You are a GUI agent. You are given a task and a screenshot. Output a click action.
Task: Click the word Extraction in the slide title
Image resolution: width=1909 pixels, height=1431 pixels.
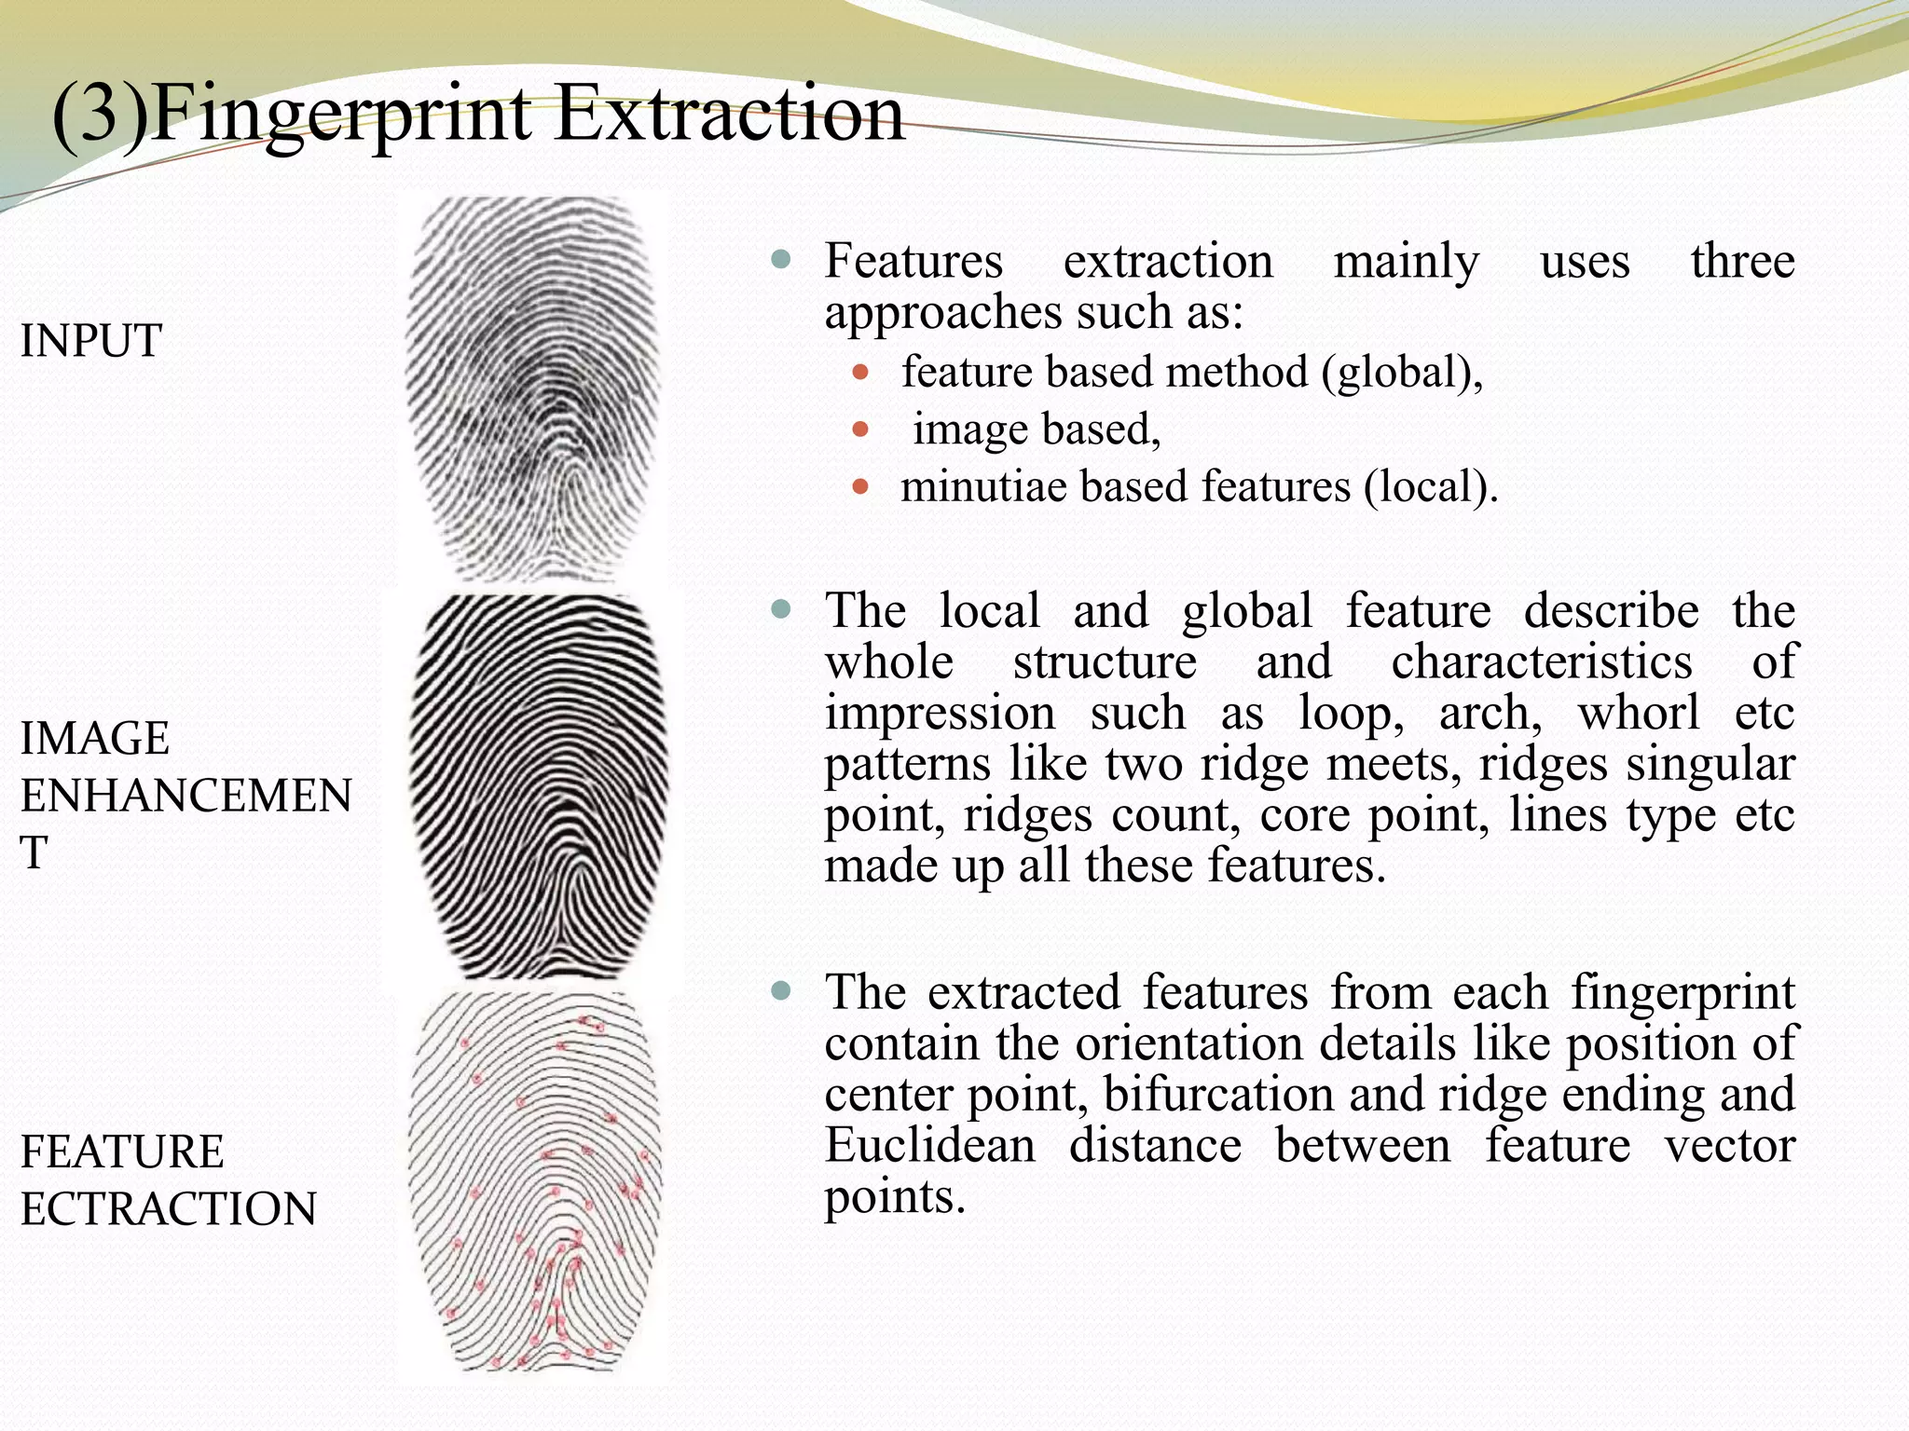(x=730, y=114)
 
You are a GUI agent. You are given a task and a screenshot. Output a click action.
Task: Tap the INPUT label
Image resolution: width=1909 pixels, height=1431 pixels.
(x=90, y=341)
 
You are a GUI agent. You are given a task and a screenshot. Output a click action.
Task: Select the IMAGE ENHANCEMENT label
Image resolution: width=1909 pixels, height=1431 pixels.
(x=185, y=795)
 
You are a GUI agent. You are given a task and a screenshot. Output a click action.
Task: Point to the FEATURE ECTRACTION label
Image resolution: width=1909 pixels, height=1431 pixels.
(x=168, y=1179)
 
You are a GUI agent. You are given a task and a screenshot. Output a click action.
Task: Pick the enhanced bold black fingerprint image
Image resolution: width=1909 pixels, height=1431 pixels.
(x=539, y=787)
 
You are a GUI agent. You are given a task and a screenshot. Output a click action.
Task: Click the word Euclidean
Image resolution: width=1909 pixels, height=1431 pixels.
(x=929, y=1145)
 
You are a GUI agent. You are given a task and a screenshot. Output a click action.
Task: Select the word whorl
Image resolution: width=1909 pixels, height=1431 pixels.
(x=1638, y=714)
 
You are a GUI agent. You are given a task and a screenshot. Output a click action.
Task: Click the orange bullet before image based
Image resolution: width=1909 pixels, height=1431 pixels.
(x=860, y=430)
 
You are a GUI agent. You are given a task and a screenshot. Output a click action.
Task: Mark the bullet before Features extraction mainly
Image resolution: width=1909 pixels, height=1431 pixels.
(x=781, y=259)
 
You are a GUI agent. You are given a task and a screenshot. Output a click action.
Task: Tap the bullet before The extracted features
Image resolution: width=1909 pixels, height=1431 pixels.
(x=781, y=990)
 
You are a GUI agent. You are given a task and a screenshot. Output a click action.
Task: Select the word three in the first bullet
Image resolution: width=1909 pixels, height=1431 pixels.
(x=1742, y=261)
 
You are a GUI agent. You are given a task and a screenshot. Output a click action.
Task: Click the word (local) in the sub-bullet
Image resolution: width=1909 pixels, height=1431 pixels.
(x=1430, y=487)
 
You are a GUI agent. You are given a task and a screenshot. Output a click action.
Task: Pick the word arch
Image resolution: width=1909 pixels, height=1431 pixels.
(x=1489, y=714)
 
